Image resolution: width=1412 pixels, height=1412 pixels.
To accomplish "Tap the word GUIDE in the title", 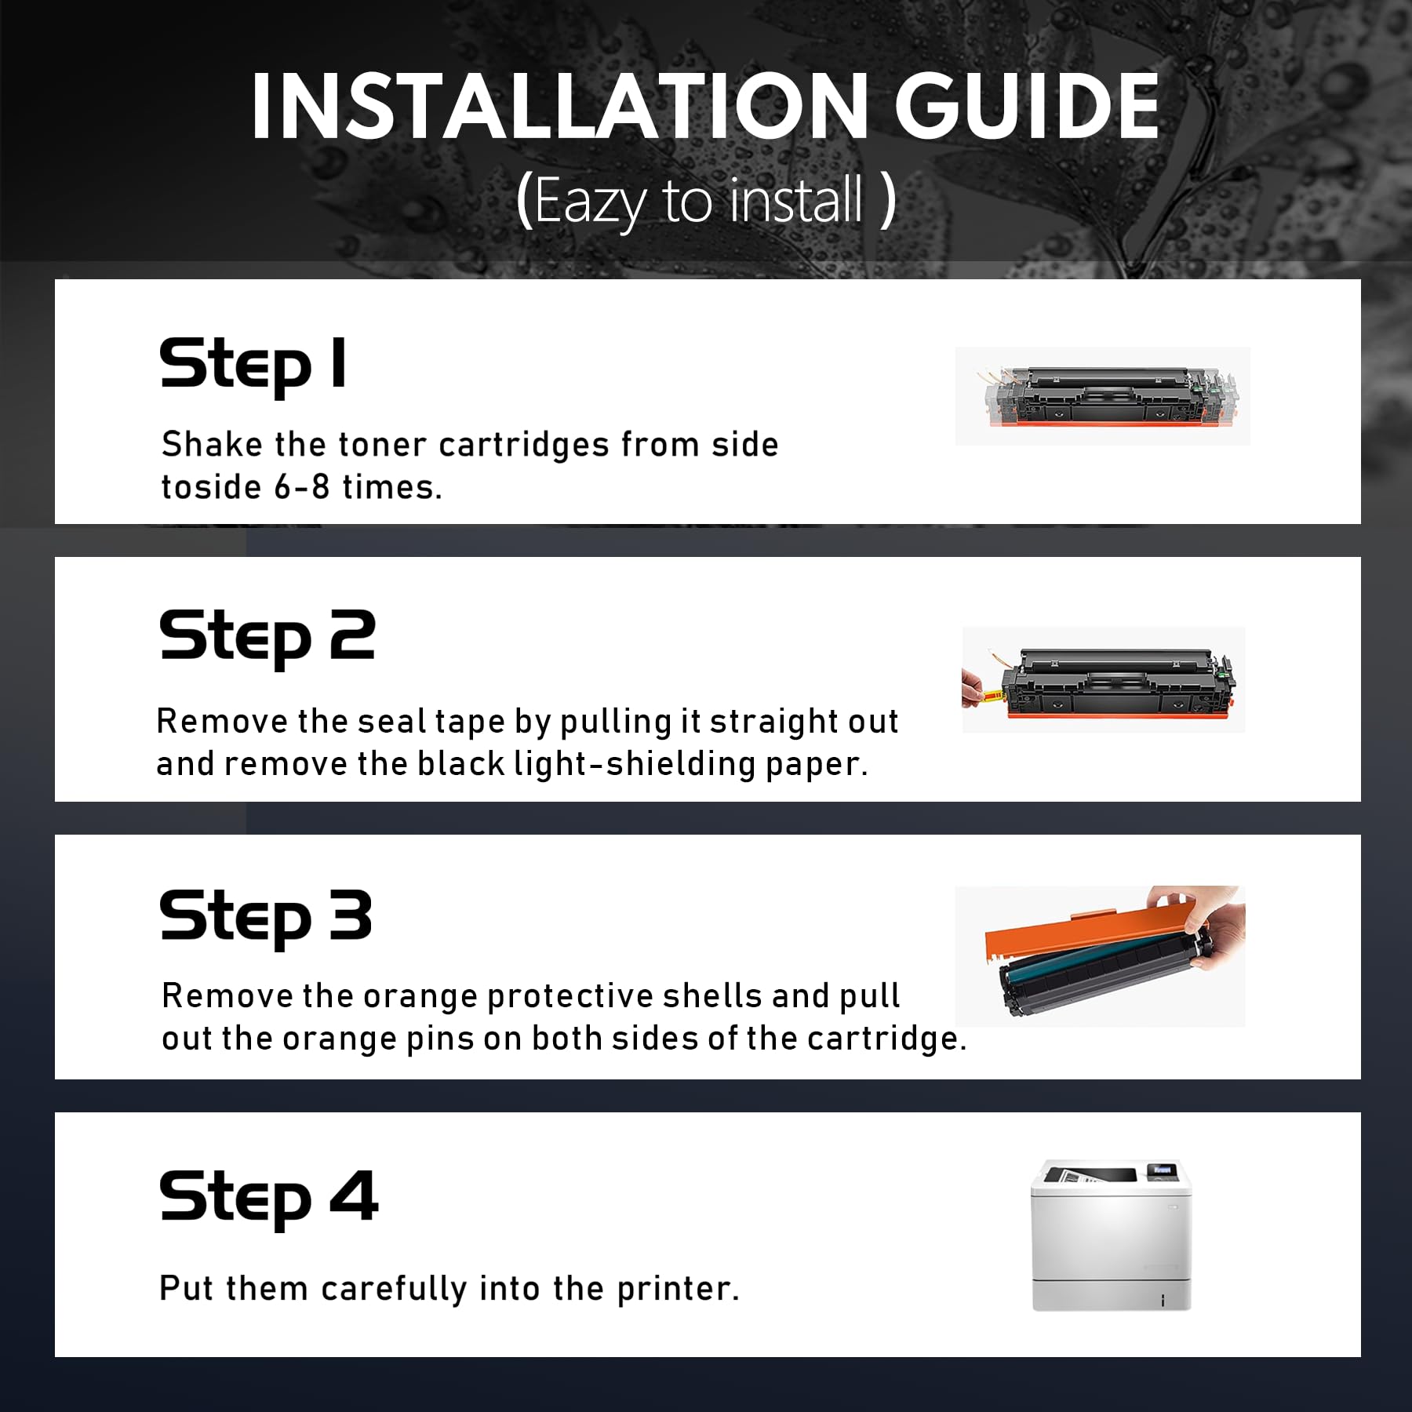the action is click(1027, 106).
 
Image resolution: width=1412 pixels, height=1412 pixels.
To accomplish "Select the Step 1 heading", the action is click(253, 364).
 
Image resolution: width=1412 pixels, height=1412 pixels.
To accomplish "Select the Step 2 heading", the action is click(267, 637).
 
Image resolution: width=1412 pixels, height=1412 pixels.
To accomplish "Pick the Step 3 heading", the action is click(266, 917).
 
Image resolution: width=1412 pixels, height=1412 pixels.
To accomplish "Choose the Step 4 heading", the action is click(269, 1198).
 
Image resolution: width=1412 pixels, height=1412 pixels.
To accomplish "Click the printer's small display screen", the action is click(1162, 1170).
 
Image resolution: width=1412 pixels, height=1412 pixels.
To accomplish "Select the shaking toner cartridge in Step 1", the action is click(1103, 396).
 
